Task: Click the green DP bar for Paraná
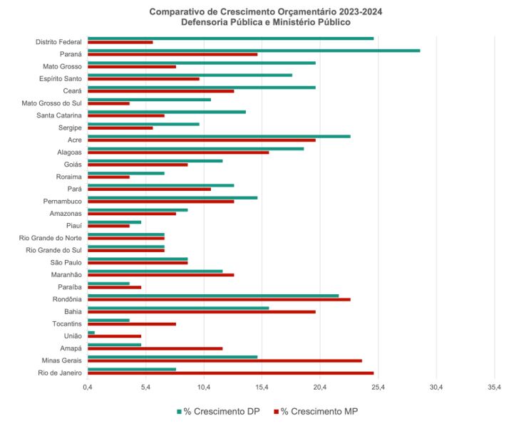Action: (x=253, y=51)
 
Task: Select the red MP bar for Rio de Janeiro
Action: (x=230, y=373)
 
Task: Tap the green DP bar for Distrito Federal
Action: (x=230, y=38)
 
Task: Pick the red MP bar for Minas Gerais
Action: (x=225, y=360)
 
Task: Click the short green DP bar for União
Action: (x=91, y=333)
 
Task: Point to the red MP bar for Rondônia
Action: (x=219, y=299)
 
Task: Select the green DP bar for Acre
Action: (x=219, y=136)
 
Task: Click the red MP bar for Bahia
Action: (x=201, y=311)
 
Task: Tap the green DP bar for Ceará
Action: (x=201, y=88)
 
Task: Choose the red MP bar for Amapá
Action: (x=155, y=348)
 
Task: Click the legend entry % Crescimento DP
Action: (x=217, y=411)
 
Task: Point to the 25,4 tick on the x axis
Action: (x=378, y=388)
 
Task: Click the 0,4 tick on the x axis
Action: (x=88, y=388)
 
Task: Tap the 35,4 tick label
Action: (x=495, y=388)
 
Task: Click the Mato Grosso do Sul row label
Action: (x=52, y=103)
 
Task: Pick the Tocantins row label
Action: (x=66, y=323)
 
